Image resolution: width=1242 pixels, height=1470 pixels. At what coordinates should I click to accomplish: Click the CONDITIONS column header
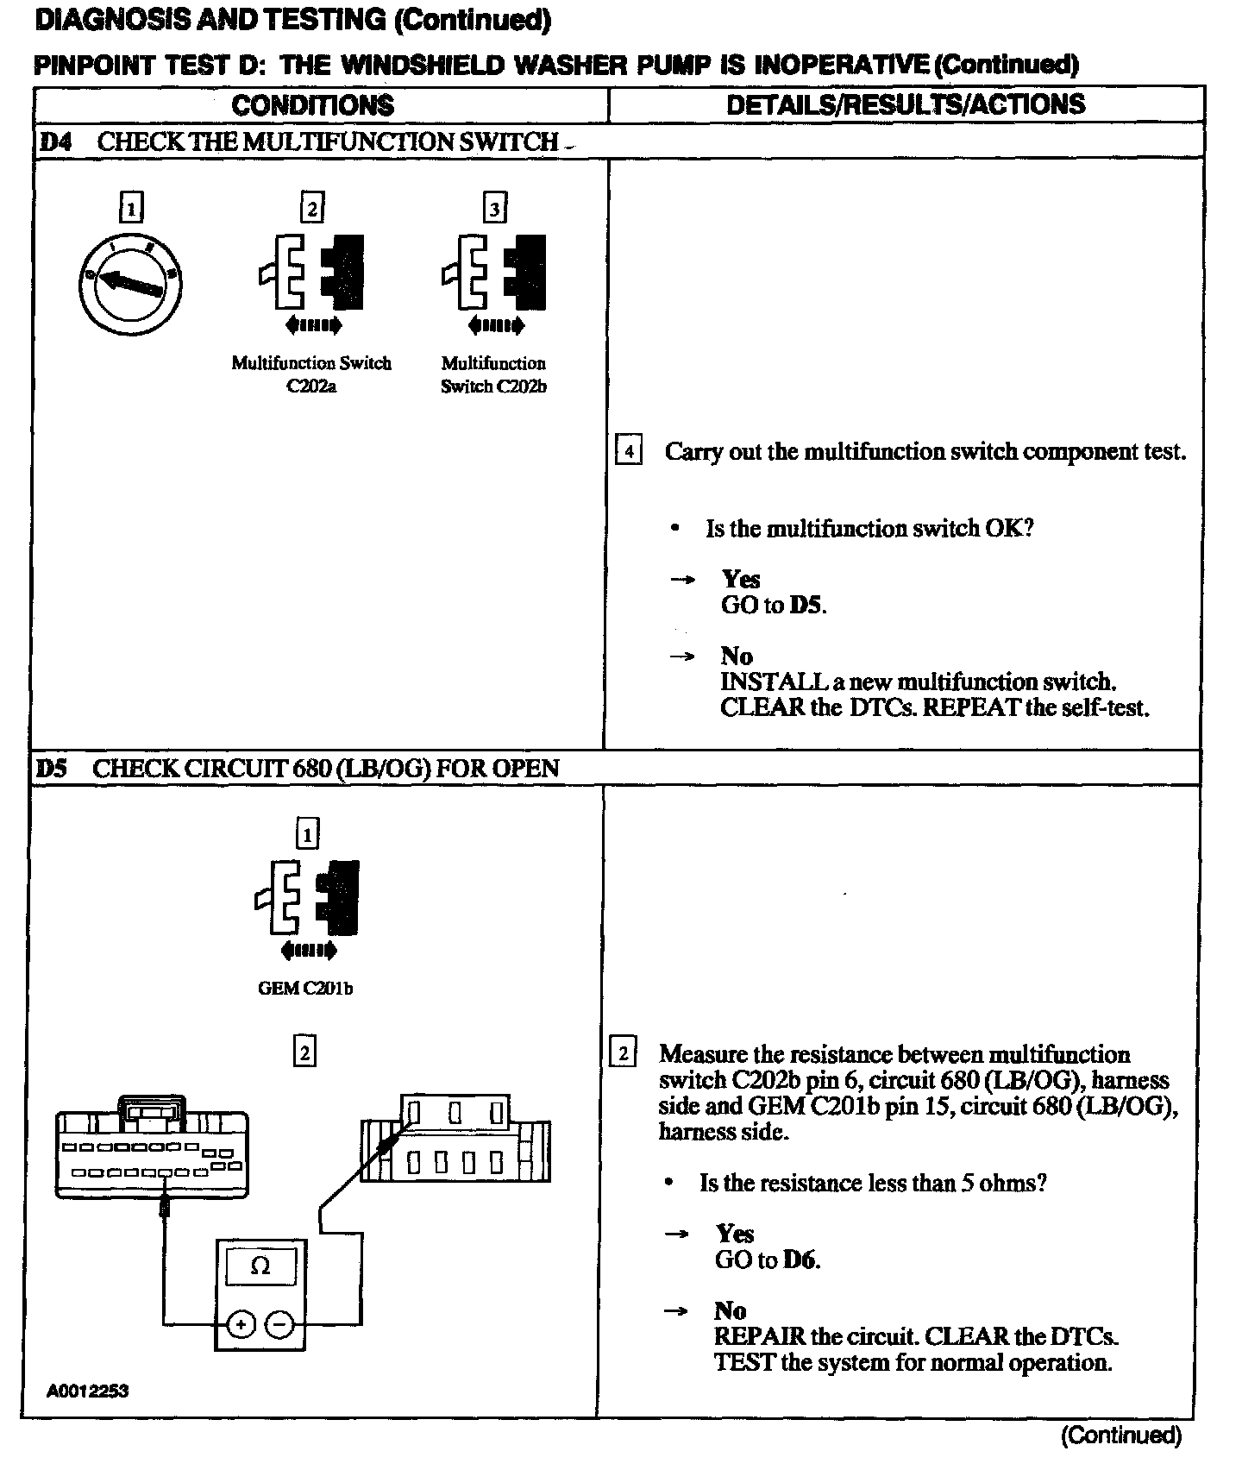(x=312, y=105)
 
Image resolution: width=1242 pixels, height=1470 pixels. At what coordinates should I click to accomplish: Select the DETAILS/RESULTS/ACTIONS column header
(x=906, y=104)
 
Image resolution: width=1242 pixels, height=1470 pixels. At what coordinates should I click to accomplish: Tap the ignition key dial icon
(x=129, y=282)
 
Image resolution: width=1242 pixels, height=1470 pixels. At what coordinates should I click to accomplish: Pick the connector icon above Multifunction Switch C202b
(x=494, y=272)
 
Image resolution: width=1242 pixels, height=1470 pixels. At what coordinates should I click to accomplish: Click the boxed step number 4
(x=628, y=451)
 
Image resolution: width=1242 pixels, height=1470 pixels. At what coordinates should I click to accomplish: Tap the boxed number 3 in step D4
(x=494, y=208)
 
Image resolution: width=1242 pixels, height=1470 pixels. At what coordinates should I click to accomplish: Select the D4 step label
(x=54, y=141)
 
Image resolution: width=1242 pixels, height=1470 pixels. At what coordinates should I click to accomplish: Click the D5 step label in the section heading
(x=52, y=768)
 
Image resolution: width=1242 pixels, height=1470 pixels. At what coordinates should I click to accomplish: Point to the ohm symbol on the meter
(x=260, y=1266)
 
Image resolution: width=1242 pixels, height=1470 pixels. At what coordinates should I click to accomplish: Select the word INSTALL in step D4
(x=774, y=682)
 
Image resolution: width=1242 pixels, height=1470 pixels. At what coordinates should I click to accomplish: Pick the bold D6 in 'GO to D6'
(x=800, y=1260)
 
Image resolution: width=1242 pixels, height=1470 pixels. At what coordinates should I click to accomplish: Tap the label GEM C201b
(x=305, y=989)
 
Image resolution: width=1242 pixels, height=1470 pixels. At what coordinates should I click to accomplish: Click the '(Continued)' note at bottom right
(x=1120, y=1435)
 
